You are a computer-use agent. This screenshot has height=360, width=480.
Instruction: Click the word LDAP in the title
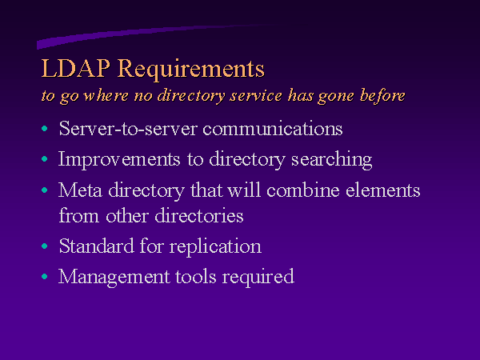76,68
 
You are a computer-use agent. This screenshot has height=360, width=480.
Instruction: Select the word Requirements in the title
191,70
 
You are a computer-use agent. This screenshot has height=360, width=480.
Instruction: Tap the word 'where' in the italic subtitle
106,95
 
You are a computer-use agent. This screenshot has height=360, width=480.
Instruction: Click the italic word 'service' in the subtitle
256,95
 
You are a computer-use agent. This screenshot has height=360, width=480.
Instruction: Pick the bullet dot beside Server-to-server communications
45,128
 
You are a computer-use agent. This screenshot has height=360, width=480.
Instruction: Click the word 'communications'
273,129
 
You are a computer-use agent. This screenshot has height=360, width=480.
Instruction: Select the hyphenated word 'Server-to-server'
128,128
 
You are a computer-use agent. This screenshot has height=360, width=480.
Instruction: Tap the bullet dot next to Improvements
45,159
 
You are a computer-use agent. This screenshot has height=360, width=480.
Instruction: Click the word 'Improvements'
119,160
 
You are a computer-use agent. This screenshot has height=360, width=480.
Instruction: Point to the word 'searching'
331,160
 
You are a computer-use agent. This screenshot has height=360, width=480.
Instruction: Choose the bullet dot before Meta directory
45,190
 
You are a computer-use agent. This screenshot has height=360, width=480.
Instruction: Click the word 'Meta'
80,190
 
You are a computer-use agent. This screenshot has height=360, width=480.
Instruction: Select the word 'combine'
303,190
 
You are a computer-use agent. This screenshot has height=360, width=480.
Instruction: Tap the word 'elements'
383,190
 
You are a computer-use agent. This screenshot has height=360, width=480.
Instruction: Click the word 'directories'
199,215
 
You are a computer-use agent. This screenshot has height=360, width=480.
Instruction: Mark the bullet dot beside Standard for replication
45,246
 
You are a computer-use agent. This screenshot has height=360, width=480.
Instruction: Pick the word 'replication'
215,246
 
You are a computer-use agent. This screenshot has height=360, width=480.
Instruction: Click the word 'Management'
114,278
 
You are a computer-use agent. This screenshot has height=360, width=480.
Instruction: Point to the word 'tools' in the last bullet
196,277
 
